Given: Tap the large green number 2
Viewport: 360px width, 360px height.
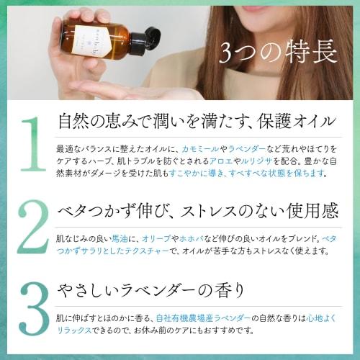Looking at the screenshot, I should (31, 229).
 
